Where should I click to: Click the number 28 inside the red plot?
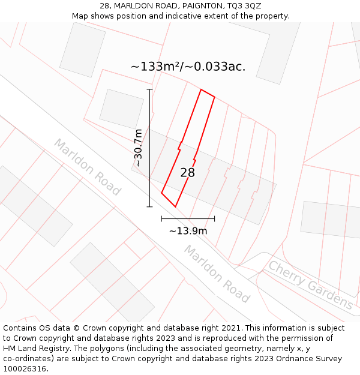click(x=188, y=173)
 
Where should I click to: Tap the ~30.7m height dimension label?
click(x=138, y=148)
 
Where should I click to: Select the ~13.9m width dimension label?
click(x=188, y=231)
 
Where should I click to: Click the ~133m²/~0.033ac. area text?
click(x=188, y=67)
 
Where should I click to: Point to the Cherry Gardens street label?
click(x=310, y=284)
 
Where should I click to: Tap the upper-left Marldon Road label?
click(x=88, y=167)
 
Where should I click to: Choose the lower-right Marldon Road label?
click(x=217, y=274)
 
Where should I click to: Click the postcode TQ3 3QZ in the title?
click(x=244, y=6)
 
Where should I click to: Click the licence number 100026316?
click(x=25, y=369)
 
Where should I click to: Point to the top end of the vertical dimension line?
click(x=149, y=89)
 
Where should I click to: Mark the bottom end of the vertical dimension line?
click(x=149, y=207)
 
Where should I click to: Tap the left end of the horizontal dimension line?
click(x=161, y=219)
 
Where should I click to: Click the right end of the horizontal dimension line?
click(x=214, y=219)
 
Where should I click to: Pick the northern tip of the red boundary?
click(x=201, y=90)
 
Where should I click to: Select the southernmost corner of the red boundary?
click(x=175, y=206)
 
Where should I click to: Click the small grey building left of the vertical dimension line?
click(x=121, y=109)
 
